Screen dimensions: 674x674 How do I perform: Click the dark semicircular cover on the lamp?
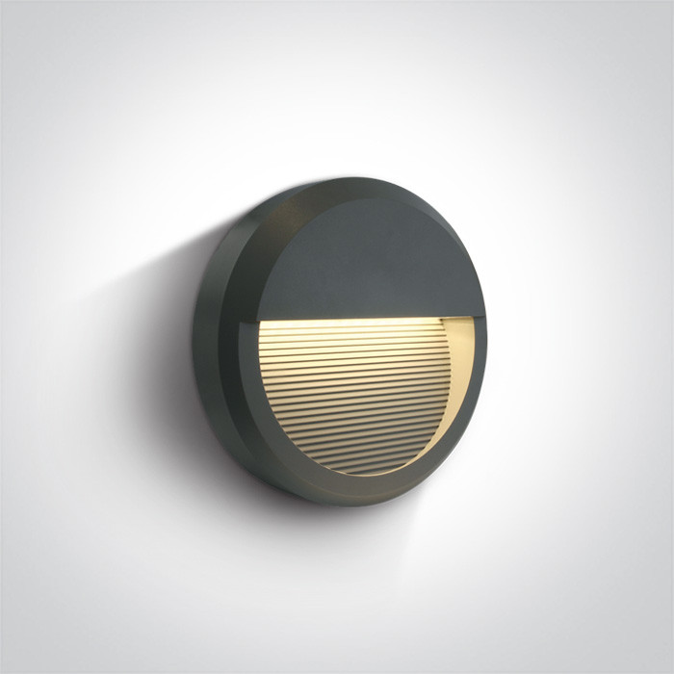point(371,260)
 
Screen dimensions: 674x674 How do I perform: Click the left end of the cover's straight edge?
point(258,320)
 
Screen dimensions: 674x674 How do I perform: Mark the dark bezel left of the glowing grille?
point(247,385)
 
